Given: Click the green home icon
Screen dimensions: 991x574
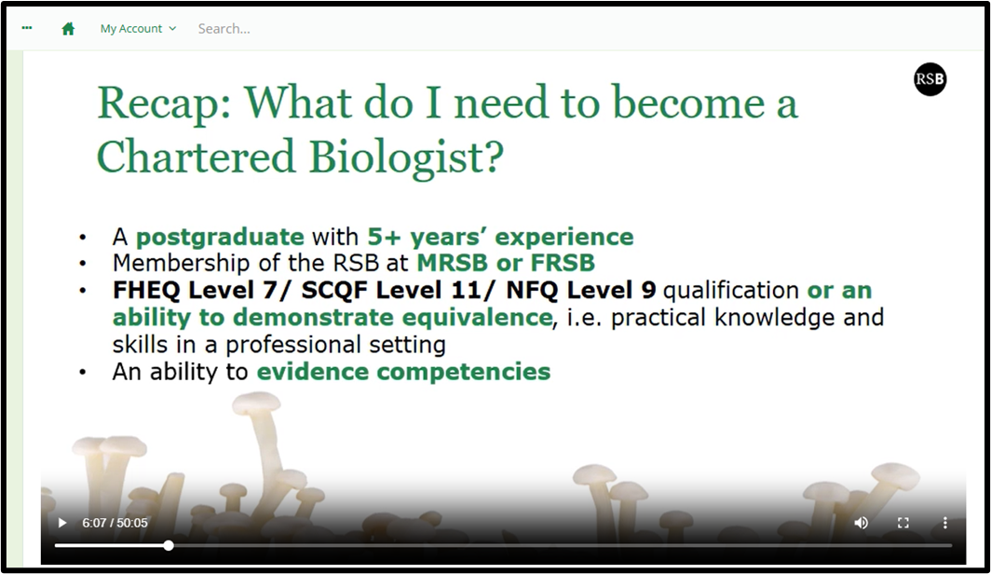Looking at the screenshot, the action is pos(68,29).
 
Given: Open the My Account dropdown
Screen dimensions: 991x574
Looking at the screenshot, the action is pos(138,29).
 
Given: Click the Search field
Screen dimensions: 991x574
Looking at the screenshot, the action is pos(224,29).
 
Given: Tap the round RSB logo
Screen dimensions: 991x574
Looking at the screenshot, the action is pos(930,79).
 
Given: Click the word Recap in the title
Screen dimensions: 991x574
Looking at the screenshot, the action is pos(165,103).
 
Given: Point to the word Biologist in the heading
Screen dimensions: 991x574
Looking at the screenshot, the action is pos(406,157).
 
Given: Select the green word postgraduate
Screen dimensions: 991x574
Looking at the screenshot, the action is pos(220,237).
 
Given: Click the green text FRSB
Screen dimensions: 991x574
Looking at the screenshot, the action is pos(563,263).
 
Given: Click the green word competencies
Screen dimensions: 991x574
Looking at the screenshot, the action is pos(464,372).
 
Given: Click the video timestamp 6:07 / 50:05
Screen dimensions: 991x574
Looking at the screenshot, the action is pos(115,523).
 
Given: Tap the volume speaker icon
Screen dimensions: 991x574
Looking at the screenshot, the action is pos(861,523).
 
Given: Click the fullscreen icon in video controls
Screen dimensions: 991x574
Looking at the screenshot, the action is pos(903,523).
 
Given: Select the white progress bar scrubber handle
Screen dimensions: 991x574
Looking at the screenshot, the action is pos(168,545).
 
